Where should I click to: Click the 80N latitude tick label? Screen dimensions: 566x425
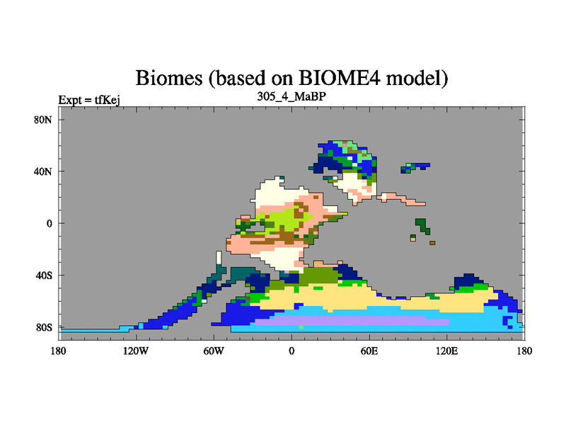[43, 120]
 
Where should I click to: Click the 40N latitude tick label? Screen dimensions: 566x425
[43, 171]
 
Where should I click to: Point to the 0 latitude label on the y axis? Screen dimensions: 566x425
[49, 223]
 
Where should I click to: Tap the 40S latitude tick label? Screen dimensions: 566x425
[43, 276]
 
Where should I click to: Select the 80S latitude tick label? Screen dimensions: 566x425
[43, 327]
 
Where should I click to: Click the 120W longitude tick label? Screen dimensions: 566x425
[135, 351]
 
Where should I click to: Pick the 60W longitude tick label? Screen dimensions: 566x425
[214, 351]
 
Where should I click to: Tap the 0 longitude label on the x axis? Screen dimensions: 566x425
[291, 351]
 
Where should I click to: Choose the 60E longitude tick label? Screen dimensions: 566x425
[369, 351]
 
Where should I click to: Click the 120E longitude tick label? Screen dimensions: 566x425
[447, 351]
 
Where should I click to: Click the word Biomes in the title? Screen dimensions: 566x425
[169, 78]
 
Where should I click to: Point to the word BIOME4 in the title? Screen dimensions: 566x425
[340, 78]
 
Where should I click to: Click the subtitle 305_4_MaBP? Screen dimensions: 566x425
[291, 96]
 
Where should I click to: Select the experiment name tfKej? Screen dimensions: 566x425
[108, 100]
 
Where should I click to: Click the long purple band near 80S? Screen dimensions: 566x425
[352, 321]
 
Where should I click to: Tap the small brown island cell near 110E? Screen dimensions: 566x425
[432, 243]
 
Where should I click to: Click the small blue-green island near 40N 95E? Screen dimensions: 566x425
[415, 167]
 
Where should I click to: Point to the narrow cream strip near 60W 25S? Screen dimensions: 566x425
[219, 258]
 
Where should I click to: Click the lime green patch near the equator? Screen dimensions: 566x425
[285, 219]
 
